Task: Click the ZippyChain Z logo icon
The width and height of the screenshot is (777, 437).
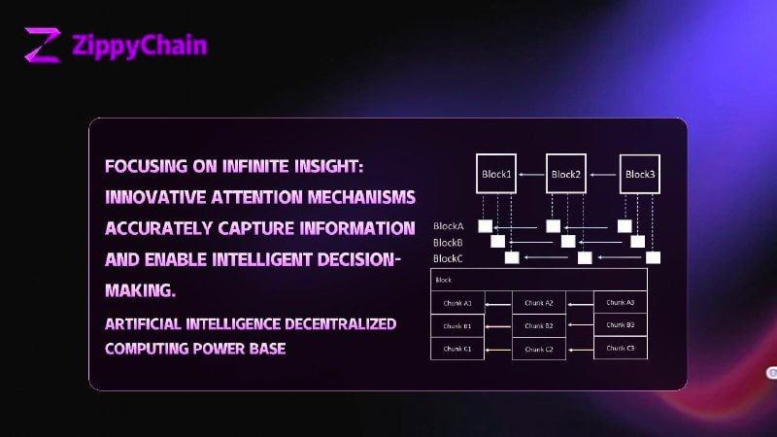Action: click(x=43, y=45)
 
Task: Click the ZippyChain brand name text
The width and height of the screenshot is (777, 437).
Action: click(x=139, y=45)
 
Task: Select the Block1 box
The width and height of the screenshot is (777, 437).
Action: click(x=496, y=175)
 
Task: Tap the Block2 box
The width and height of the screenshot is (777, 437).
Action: click(x=565, y=175)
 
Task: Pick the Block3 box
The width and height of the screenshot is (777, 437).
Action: click(x=640, y=175)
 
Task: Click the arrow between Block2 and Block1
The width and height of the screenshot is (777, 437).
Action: click(x=530, y=175)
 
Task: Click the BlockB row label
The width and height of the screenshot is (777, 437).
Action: click(x=448, y=242)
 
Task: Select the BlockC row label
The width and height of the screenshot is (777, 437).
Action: click(x=448, y=257)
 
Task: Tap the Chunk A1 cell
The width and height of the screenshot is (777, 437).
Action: click(x=457, y=303)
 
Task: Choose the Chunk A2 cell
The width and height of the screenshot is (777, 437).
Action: click(x=538, y=303)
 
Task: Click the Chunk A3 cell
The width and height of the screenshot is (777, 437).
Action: click(x=620, y=302)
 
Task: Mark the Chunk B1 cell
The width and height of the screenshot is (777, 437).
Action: click(x=457, y=326)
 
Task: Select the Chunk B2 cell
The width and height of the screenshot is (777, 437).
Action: click(x=538, y=326)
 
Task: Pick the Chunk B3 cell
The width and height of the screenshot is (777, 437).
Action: click(x=620, y=325)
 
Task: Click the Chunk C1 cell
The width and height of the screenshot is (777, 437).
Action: click(x=457, y=349)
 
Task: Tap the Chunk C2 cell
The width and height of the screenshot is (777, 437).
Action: click(x=538, y=349)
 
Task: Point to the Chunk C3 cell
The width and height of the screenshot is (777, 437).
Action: click(x=620, y=348)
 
